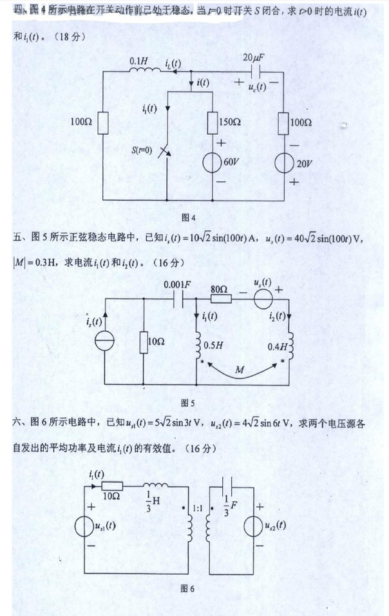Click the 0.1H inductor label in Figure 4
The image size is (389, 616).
[137, 60]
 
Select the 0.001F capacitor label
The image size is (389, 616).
[176, 284]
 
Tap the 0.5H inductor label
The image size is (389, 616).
[214, 345]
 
